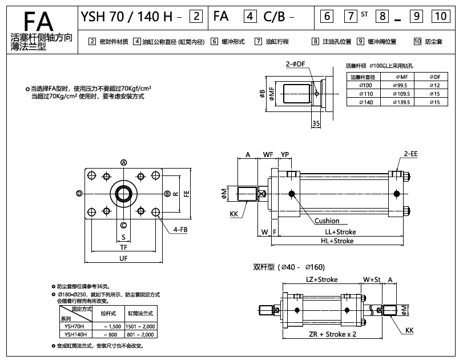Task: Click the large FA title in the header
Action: click(39, 17)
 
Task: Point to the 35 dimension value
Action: click(316, 123)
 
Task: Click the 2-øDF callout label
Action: click(295, 65)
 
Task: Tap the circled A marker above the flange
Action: click(123, 162)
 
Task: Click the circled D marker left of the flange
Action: click(79, 194)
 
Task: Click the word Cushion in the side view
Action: click(327, 221)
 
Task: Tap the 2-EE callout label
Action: click(410, 154)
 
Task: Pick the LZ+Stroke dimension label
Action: click(321, 279)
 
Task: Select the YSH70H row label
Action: click(75, 326)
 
